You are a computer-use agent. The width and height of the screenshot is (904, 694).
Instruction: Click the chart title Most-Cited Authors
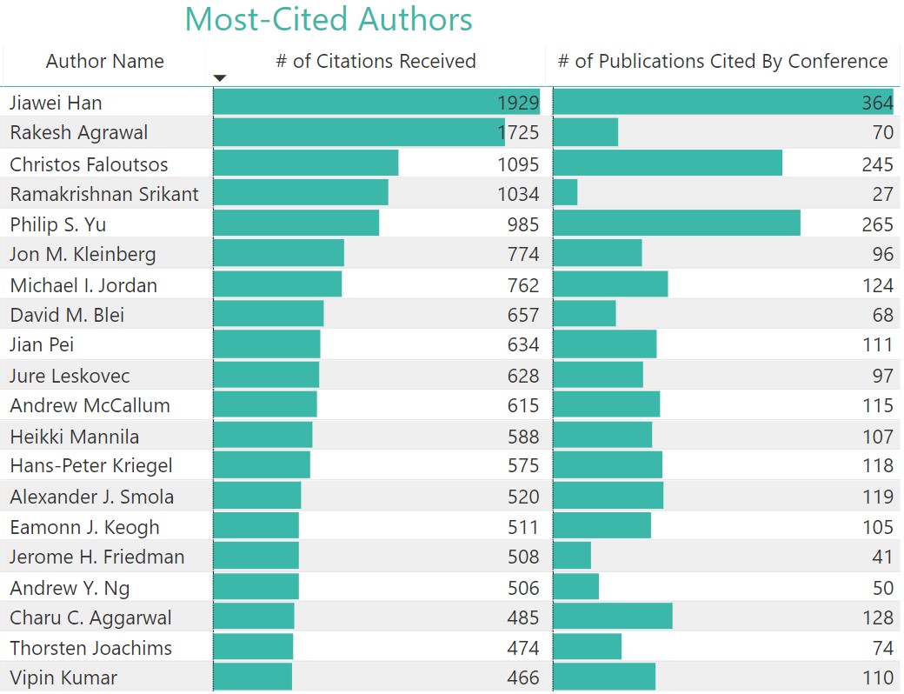coord(329,19)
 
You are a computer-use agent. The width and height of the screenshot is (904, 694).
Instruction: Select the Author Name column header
coord(104,62)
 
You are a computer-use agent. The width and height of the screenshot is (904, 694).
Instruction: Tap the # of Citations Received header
coord(376,62)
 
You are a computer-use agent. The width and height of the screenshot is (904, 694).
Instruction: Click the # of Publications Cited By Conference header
coord(722,62)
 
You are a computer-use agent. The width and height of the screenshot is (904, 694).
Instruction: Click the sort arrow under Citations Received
coord(220,78)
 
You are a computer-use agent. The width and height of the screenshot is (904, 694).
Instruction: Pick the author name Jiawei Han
coord(56,103)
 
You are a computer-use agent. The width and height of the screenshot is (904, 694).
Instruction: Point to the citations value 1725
coord(518,133)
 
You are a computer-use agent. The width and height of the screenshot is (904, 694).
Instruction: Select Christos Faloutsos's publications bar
coord(667,163)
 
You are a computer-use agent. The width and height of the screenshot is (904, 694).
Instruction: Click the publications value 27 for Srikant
coord(882,194)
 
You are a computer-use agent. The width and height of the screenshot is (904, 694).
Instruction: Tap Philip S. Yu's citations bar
coord(296,224)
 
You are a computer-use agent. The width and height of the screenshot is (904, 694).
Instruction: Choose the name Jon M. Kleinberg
coord(83,254)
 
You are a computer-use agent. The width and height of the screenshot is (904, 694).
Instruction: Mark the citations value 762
coord(523,285)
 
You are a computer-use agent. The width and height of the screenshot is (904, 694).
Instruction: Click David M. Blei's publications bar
coord(584,315)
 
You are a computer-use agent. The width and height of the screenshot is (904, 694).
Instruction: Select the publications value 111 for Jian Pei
coord(878,344)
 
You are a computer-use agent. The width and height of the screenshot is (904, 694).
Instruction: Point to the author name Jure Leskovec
coord(70,376)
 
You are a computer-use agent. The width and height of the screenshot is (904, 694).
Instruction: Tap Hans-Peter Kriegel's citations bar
coord(261,465)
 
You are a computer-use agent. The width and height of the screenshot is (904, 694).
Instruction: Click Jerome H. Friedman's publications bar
coord(572,557)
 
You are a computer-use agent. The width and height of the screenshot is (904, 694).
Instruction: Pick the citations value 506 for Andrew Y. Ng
coord(523,588)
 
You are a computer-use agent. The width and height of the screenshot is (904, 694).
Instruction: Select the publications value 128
coord(878,617)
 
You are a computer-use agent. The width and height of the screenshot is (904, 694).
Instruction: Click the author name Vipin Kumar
coord(63,677)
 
